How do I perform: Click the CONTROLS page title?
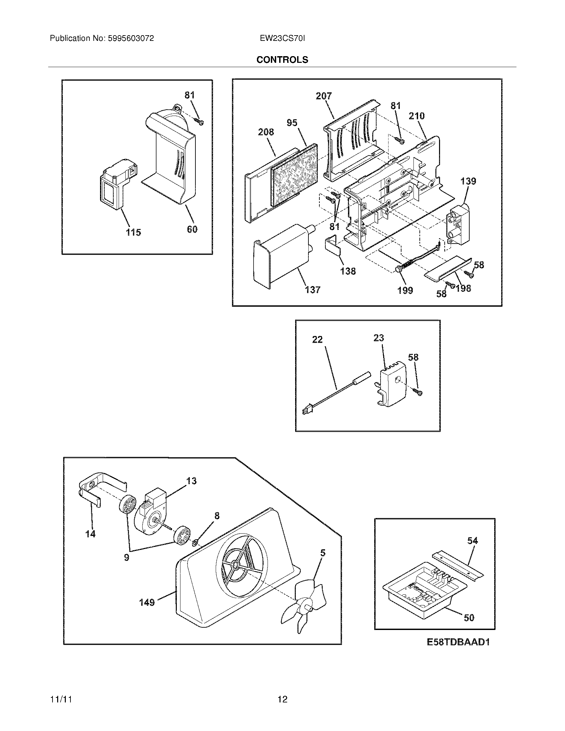(282, 59)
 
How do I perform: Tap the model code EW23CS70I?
(282, 39)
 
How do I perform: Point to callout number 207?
(324, 96)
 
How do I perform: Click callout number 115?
(133, 232)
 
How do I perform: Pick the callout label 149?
(147, 602)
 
